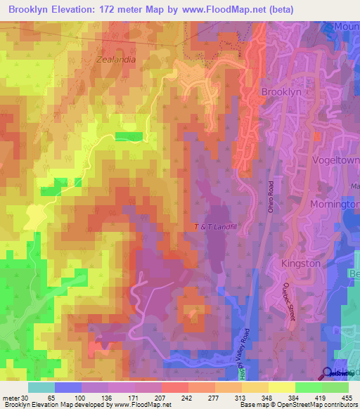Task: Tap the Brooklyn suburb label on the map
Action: point(281,92)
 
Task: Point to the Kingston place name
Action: point(300,264)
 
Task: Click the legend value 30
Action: point(27,398)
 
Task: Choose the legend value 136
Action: point(108,398)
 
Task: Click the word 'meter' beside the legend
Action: point(11,398)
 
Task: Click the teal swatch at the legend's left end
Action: point(41,387)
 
